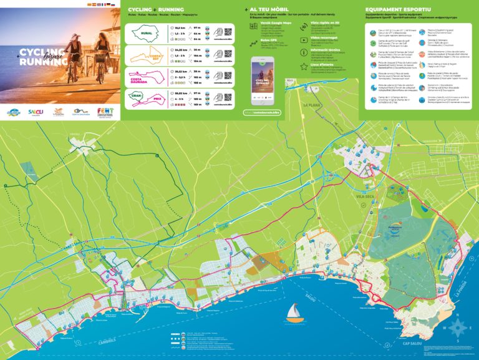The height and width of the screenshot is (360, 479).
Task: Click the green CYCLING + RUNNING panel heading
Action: point(156,10)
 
